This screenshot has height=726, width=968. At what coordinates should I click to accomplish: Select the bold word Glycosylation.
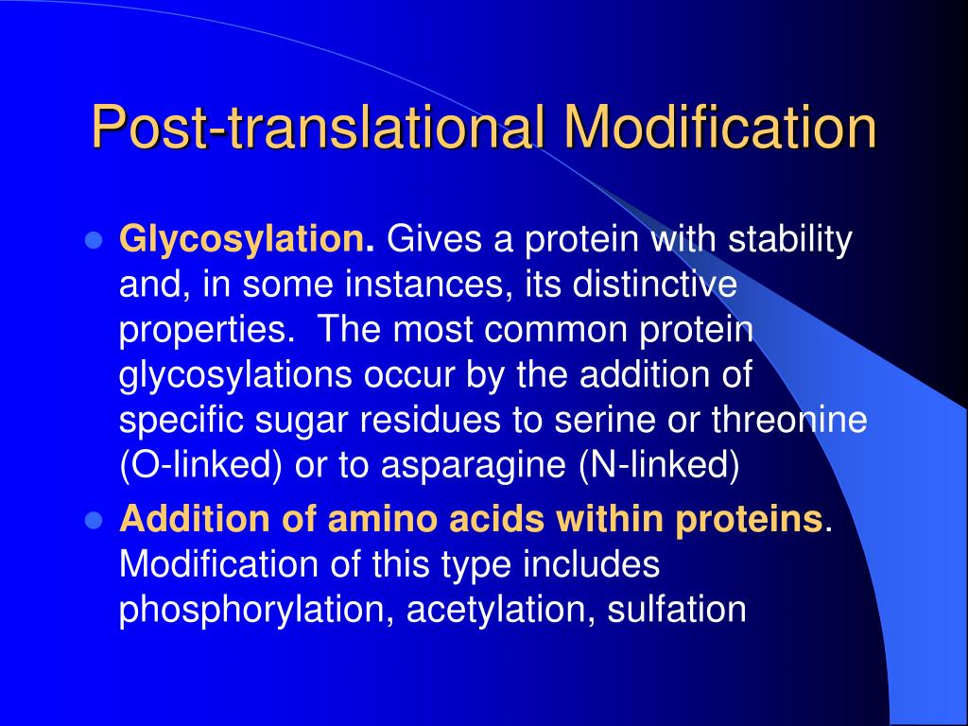click(247, 240)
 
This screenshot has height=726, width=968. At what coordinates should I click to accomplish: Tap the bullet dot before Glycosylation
click(93, 241)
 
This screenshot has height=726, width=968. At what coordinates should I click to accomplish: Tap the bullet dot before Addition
click(93, 520)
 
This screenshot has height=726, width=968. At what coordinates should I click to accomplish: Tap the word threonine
click(802, 422)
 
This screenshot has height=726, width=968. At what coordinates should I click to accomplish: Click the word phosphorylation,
click(256, 611)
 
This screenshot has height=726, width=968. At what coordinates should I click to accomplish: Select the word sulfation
click(676, 610)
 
